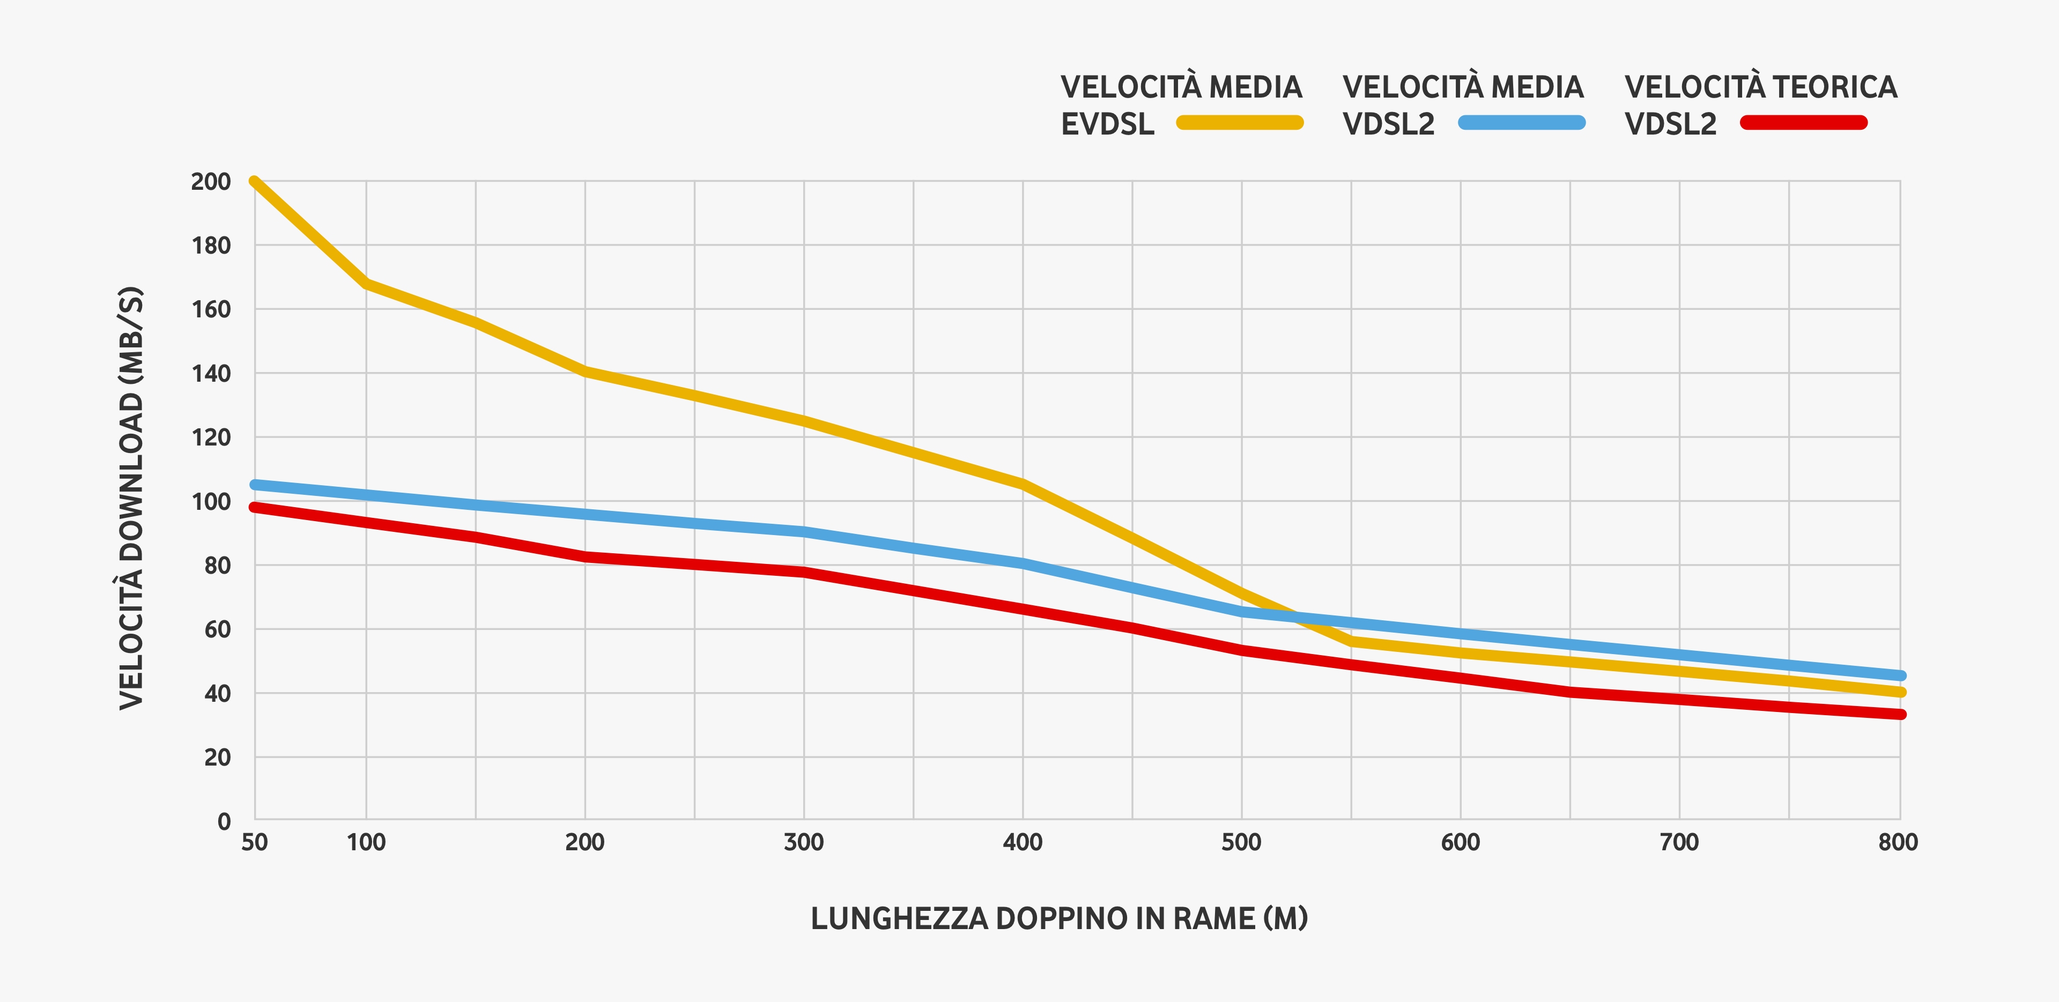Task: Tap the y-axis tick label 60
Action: (x=217, y=629)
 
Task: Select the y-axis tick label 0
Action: (x=224, y=821)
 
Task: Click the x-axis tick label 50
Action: (x=254, y=842)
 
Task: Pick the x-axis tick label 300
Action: (x=803, y=842)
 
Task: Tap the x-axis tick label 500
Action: (x=1241, y=842)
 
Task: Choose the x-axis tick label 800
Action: (x=1898, y=842)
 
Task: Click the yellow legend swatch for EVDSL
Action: (x=1240, y=122)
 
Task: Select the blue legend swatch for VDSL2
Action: (x=1521, y=122)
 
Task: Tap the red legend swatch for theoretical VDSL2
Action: (x=1803, y=122)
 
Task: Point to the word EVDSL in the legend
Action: (x=1107, y=124)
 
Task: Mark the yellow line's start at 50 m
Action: (x=254, y=181)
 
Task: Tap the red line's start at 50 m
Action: (x=254, y=507)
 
